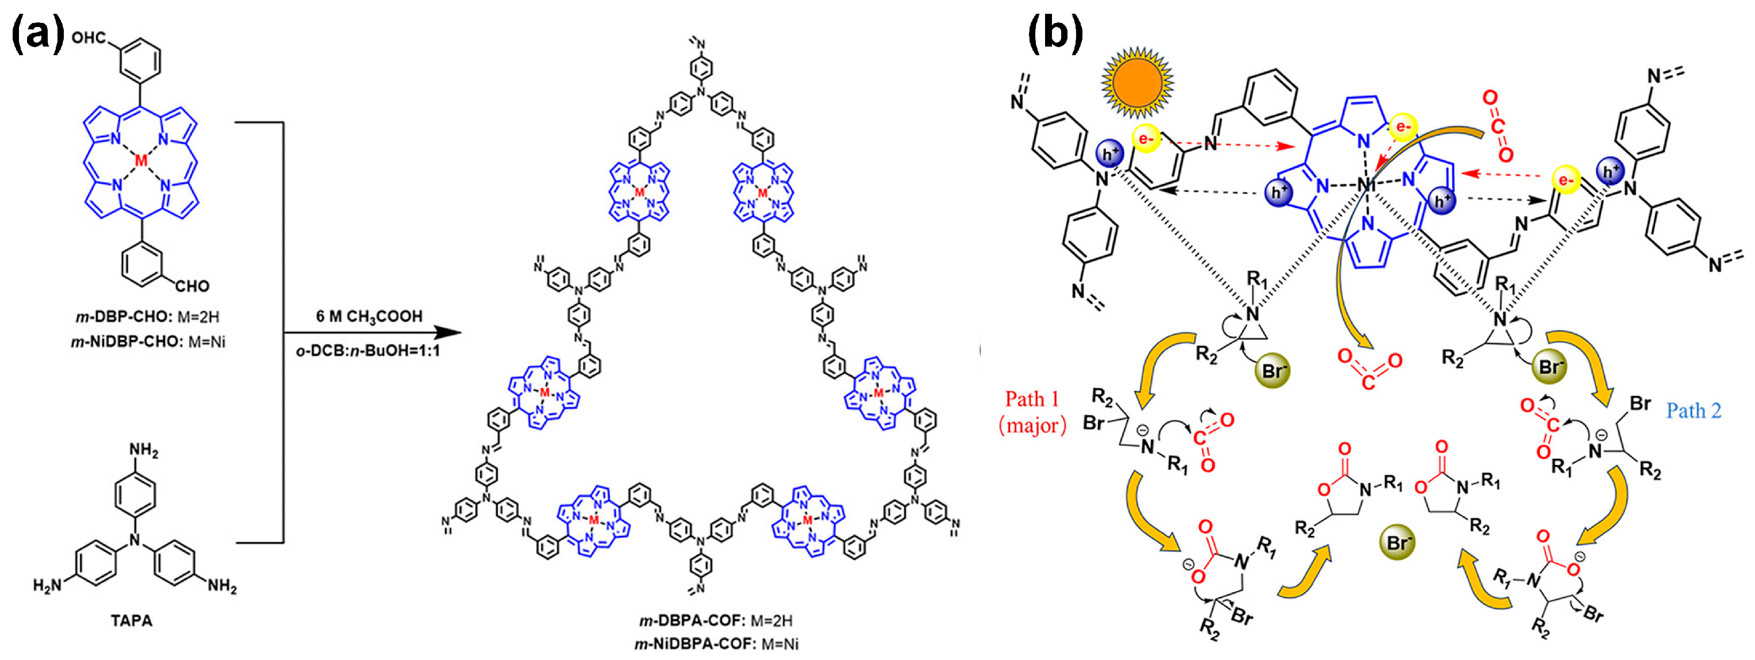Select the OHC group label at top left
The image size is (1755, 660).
(89, 37)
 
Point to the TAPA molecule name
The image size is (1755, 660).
(132, 620)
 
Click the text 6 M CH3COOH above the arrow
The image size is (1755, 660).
(368, 316)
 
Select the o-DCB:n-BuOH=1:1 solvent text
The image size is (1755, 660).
(368, 351)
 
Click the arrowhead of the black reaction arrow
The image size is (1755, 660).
(449, 333)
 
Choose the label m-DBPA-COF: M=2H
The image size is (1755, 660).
(715, 620)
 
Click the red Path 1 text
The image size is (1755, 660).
(1032, 398)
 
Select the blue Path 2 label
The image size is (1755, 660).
(1693, 410)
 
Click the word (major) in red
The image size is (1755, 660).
(1032, 425)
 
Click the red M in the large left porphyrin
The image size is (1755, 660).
(141, 161)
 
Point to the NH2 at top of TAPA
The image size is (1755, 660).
(144, 451)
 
